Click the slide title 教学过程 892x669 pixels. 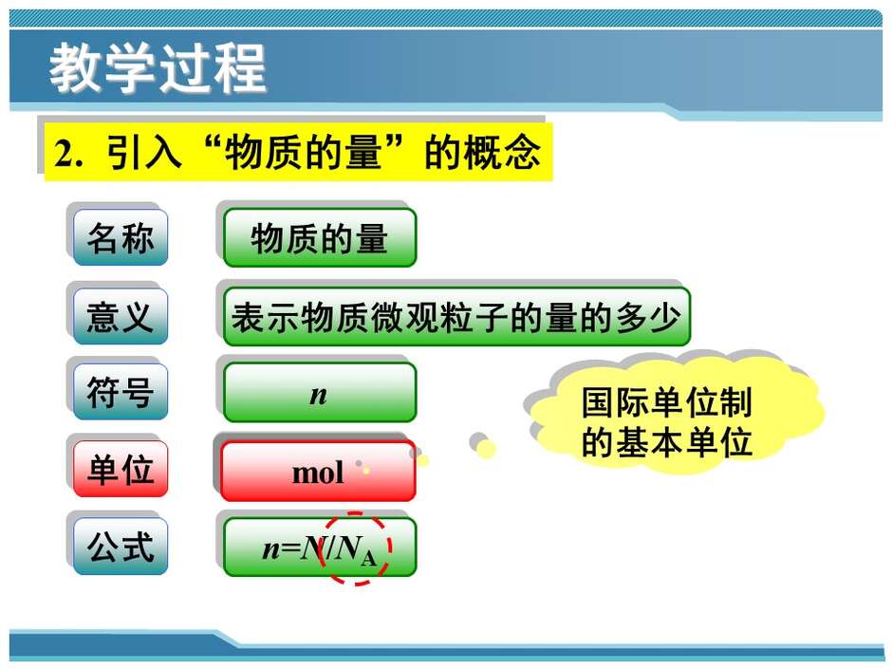tap(158, 68)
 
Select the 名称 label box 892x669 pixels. tap(121, 237)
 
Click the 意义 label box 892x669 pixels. tap(121, 316)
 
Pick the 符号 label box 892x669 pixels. tap(121, 392)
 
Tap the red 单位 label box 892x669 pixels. tap(121, 469)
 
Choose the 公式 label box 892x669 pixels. tap(121, 547)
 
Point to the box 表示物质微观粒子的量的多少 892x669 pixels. tap(456, 317)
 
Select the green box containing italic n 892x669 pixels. tap(320, 393)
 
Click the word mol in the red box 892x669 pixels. tap(318, 473)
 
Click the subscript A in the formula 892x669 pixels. tap(368, 559)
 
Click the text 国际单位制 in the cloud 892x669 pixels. tap(667, 402)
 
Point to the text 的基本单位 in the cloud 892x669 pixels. tap(667, 442)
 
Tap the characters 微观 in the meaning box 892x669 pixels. tap(405, 317)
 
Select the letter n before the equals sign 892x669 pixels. tap(270, 549)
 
